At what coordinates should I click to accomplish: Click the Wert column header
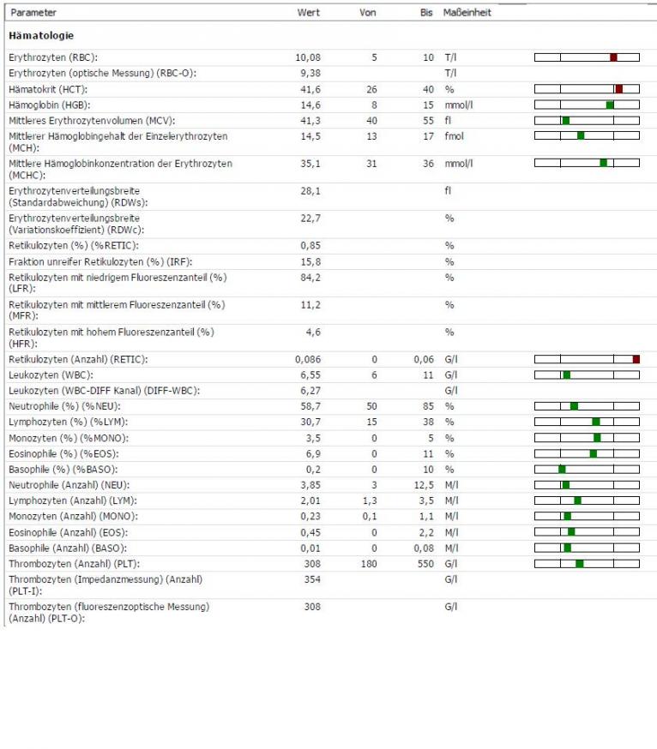click(309, 12)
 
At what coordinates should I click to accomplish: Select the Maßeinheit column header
click(467, 12)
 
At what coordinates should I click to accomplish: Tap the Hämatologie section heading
click(41, 35)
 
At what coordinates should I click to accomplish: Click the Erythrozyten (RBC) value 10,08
click(308, 57)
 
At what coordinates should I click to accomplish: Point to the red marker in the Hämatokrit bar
click(619, 89)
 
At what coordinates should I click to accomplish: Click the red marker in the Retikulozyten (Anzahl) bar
click(636, 359)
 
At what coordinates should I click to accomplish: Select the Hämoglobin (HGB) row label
click(49, 105)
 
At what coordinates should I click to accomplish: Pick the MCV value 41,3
click(310, 120)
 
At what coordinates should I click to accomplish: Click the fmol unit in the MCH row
click(455, 136)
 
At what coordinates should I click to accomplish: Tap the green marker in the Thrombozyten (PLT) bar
click(580, 564)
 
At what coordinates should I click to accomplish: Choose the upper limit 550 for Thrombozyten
click(425, 564)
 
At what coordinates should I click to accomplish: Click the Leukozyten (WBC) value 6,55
click(310, 375)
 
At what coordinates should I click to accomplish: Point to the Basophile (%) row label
click(63, 469)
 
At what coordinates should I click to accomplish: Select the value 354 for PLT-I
click(312, 579)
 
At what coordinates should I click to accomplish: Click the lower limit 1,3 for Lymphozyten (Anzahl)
click(370, 500)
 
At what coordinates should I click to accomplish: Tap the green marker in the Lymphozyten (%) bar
click(596, 422)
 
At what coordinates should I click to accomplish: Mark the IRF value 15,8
click(310, 261)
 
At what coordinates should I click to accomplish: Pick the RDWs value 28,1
click(310, 191)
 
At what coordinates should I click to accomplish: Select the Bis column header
click(426, 12)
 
